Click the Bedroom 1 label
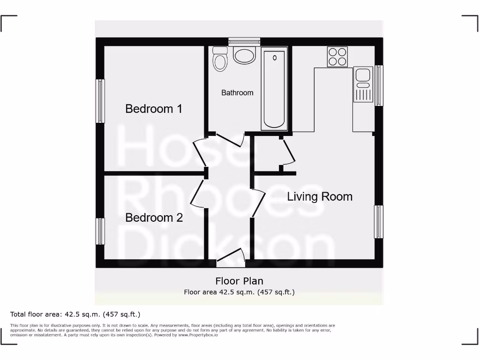(x=154, y=109)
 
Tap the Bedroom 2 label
(x=154, y=217)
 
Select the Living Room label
(x=320, y=196)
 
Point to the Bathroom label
(x=237, y=93)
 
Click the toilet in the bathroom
(x=219, y=58)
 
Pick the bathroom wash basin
(x=244, y=55)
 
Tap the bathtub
(x=275, y=89)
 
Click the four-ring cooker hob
(x=337, y=57)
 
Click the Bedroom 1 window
(x=100, y=101)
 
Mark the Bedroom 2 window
(x=100, y=231)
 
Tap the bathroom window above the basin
(x=244, y=42)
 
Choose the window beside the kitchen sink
(x=379, y=85)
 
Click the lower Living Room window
(x=379, y=221)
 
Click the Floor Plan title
(x=239, y=281)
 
